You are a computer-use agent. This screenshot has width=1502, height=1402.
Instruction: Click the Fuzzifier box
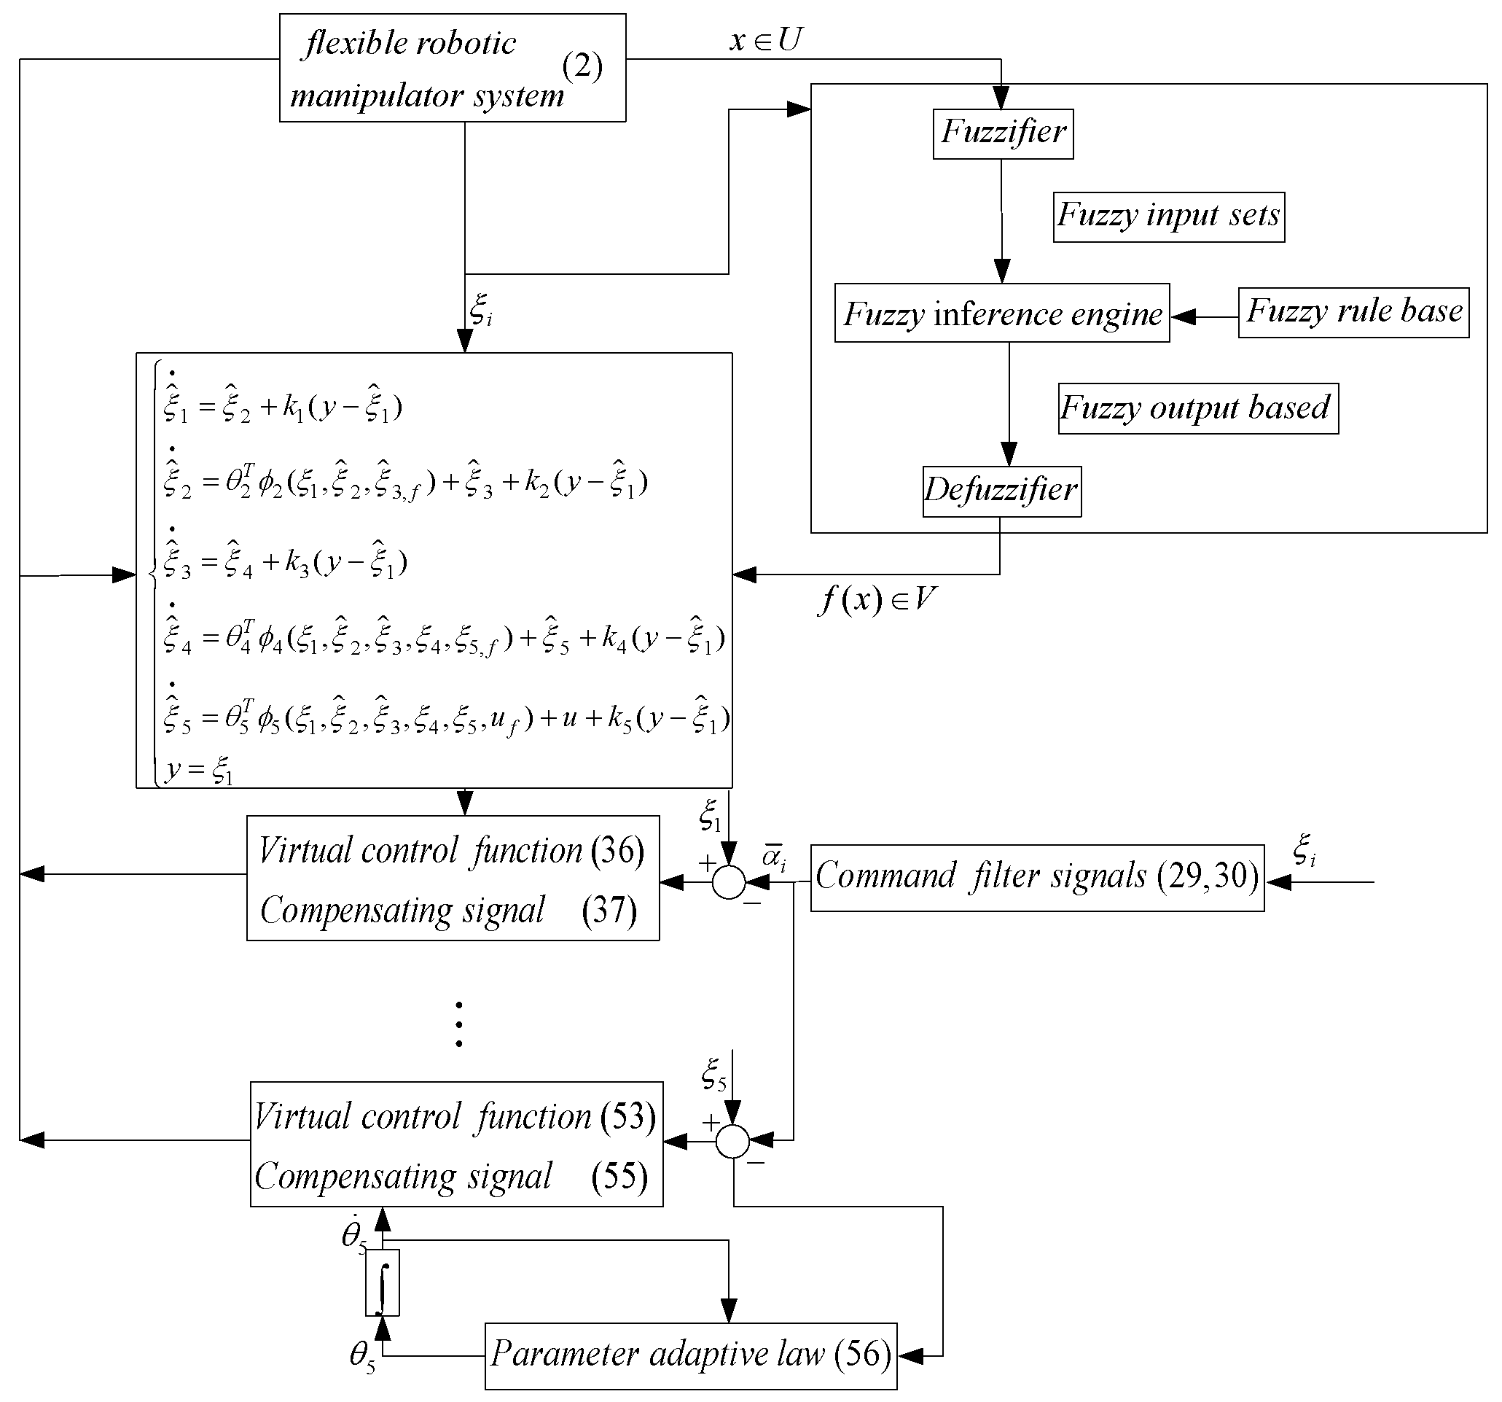click(1003, 133)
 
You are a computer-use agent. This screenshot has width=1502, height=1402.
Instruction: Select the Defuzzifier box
click(1001, 491)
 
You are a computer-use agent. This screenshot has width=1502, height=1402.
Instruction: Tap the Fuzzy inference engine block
click(1001, 313)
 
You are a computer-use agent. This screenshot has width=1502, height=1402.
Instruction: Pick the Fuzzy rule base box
click(1353, 312)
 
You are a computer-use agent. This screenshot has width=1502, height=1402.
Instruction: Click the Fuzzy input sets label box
click(1168, 217)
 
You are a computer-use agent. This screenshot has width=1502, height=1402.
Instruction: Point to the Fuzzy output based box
click(1197, 409)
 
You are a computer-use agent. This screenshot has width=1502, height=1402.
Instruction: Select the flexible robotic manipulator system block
click(452, 68)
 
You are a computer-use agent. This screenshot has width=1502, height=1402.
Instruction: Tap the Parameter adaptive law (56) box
click(690, 1355)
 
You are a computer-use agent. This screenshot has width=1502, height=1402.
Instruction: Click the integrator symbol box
click(383, 1283)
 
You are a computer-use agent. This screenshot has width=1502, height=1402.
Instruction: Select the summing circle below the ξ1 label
click(728, 882)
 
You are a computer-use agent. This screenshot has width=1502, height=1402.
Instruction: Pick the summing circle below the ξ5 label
click(732, 1141)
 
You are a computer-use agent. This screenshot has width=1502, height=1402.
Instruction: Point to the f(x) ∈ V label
click(877, 600)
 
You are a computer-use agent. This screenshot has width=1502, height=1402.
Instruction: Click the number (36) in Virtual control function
click(617, 851)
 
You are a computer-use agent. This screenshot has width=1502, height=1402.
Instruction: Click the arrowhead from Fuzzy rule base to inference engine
click(1184, 316)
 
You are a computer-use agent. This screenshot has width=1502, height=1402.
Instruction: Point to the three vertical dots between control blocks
click(458, 1024)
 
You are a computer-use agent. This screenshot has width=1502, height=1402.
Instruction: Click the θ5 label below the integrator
click(362, 1355)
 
